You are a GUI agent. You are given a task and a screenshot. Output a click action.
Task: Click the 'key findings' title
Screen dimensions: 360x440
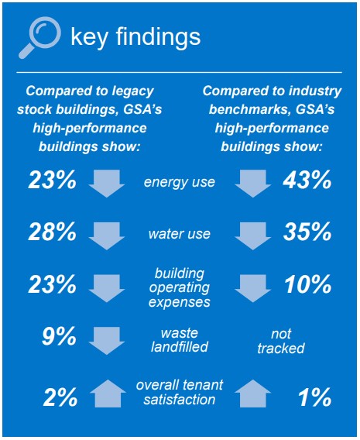tap(135, 37)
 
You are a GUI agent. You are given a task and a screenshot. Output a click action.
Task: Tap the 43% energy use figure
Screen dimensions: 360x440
tap(307, 180)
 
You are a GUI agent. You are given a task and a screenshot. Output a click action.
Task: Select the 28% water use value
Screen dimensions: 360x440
tap(53, 232)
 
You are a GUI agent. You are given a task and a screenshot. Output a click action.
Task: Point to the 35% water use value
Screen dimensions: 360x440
tap(307, 232)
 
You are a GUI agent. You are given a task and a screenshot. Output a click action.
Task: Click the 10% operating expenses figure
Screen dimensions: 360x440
tap(308, 284)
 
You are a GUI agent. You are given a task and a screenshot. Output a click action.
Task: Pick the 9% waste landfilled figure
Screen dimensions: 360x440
tap(59, 336)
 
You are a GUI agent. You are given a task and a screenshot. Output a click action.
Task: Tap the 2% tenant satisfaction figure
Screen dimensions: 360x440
tap(60, 397)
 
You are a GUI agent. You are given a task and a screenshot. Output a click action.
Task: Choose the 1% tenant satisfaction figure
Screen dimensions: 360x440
tap(314, 397)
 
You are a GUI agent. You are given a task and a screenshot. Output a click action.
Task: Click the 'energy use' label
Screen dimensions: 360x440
tap(180, 182)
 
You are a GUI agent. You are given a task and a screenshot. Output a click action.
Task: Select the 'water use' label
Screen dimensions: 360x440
tap(180, 234)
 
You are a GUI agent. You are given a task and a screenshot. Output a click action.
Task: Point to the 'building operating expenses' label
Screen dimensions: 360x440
tap(180, 288)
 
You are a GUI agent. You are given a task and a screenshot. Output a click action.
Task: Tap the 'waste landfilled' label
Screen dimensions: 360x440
tap(180, 340)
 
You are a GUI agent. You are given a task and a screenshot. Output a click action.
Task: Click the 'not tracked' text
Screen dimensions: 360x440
tap(281, 341)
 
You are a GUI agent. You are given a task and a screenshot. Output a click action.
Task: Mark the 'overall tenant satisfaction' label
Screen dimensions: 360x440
tap(180, 392)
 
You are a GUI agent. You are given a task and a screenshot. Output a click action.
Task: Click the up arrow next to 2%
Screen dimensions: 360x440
tap(108, 394)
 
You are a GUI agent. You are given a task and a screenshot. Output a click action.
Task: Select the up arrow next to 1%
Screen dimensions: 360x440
tap(253, 394)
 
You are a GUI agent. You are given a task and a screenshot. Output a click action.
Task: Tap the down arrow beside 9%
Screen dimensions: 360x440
tap(107, 341)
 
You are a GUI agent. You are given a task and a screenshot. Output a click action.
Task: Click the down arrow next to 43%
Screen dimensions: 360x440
tap(253, 184)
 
